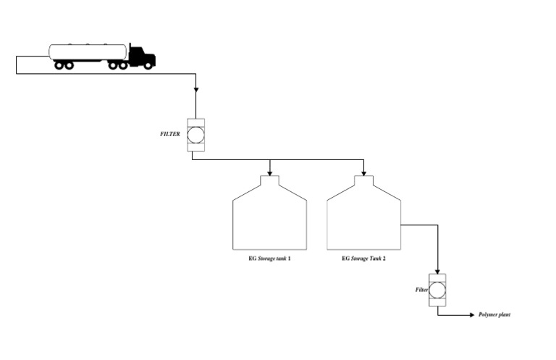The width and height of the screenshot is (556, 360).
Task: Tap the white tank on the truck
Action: click(88, 51)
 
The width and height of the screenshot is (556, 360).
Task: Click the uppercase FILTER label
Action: click(169, 134)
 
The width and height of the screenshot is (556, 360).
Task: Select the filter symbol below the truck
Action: click(195, 135)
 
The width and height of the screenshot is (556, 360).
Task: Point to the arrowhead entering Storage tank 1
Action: click(270, 173)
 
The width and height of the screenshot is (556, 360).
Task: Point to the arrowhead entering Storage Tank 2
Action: click(363, 173)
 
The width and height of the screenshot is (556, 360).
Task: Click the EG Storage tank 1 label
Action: click(269, 258)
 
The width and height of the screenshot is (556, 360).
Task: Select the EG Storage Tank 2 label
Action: click(363, 258)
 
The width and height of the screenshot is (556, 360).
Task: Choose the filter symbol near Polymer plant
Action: click(437, 289)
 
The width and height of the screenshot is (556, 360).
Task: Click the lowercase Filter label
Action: click(421, 290)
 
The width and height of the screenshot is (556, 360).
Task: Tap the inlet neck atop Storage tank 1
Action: click(270, 179)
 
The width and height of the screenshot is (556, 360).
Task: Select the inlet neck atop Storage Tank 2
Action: click(363, 179)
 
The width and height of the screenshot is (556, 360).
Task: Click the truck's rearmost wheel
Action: click(59, 65)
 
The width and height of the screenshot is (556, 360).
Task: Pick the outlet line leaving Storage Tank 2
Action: click(420, 225)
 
